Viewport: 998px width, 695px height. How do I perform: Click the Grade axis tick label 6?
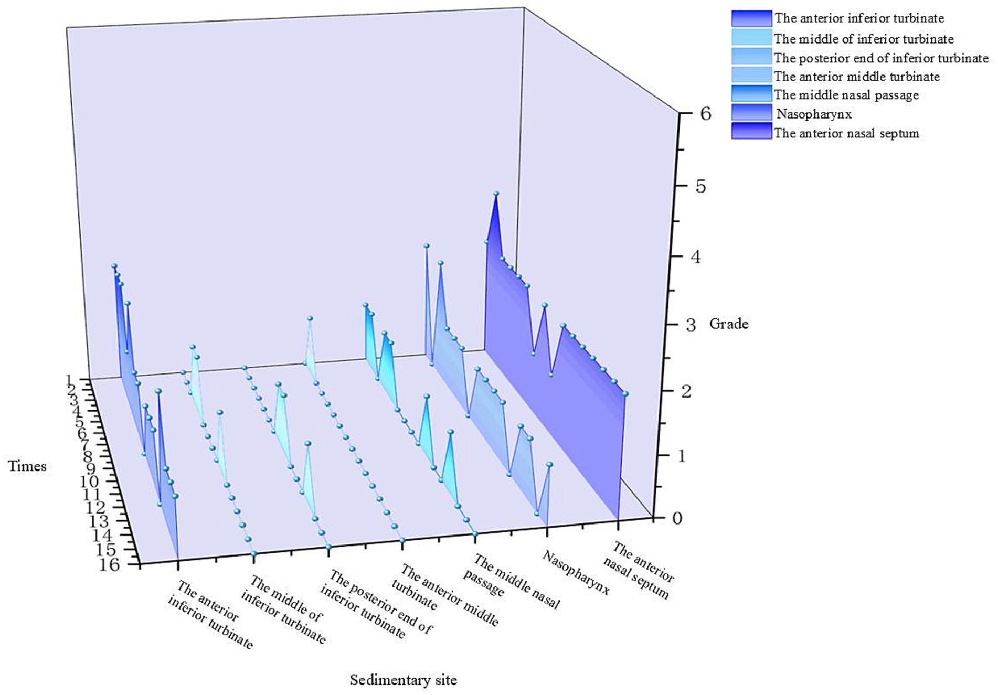pyautogui.click(x=705, y=114)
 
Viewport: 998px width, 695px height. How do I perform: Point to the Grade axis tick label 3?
pyautogui.click(x=691, y=325)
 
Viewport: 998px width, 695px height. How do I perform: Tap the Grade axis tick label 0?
pyautogui.click(x=677, y=518)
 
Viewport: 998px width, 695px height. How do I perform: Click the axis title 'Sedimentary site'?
pyautogui.click(x=403, y=680)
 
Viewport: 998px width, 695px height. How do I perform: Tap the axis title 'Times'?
pyautogui.click(x=27, y=466)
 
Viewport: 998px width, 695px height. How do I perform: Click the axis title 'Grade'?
pyautogui.click(x=728, y=324)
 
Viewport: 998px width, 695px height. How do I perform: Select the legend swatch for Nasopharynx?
pyautogui.click(x=751, y=113)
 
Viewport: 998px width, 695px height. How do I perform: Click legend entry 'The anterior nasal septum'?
pyautogui.click(x=846, y=133)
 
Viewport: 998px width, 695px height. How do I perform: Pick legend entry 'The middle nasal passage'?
pyautogui.click(x=846, y=95)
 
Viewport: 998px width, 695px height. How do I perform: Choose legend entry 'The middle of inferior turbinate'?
pyautogui.click(x=863, y=39)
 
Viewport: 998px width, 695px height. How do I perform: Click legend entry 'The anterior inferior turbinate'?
pyautogui.click(x=858, y=18)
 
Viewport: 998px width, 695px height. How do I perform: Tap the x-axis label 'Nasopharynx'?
pyautogui.click(x=576, y=573)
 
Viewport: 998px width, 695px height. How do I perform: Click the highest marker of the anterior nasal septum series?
pyautogui.click(x=495, y=194)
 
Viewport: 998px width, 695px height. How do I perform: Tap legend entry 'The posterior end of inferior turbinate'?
pyautogui.click(x=880, y=58)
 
